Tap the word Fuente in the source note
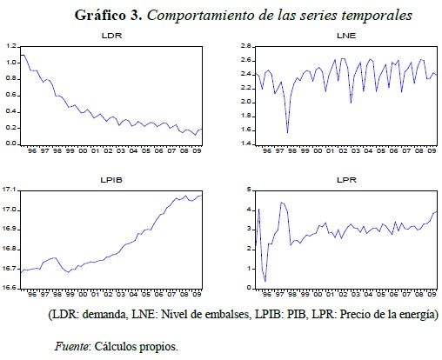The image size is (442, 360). tap(71, 346)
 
